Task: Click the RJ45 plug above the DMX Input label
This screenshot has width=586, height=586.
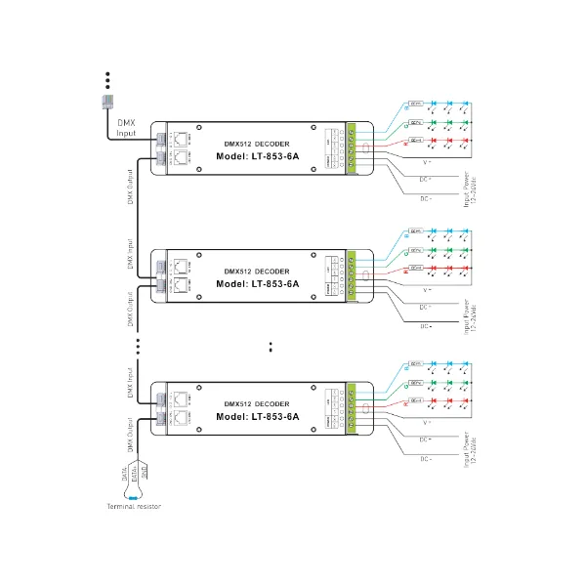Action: click(109, 103)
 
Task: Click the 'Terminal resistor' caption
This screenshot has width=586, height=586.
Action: click(134, 507)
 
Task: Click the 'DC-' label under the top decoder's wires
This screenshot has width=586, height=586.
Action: click(425, 198)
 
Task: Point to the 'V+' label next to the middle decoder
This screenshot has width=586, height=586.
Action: click(427, 290)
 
